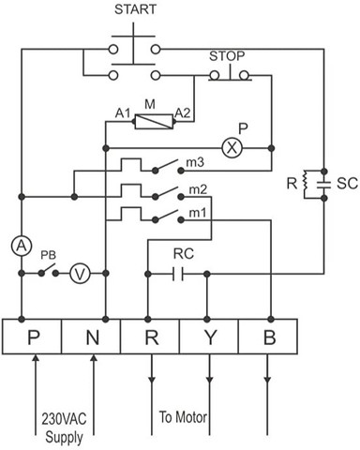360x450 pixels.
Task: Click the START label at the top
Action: (x=135, y=9)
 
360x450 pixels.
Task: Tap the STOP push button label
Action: (x=227, y=56)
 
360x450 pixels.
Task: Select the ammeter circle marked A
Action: (x=22, y=247)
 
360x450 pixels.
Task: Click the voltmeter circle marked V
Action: (x=80, y=274)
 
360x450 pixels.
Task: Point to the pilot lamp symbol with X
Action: (x=232, y=148)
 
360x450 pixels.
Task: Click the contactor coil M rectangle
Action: (x=154, y=122)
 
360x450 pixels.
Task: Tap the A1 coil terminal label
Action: (x=123, y=113)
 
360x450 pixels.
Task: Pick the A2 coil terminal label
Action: (x=182, y=113)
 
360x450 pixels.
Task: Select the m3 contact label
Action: (x=195, y=162)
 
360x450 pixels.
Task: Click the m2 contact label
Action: (x=198, y=189)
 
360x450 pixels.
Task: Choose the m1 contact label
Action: (x=198, y=213)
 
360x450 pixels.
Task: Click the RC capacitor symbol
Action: (x=178, y=274)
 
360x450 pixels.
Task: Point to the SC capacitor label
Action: (x=347, y=184)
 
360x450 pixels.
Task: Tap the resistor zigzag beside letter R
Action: (x=305, y=185)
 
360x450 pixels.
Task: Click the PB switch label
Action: (x=48, y=255)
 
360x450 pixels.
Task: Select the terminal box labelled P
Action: (x=32, y=337)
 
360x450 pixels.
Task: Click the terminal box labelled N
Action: (x=91, y=337)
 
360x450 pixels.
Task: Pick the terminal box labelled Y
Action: (x=209, y=337)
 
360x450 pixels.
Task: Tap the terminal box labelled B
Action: (x=268, y=337)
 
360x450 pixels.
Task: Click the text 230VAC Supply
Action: (x=64, y=428)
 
